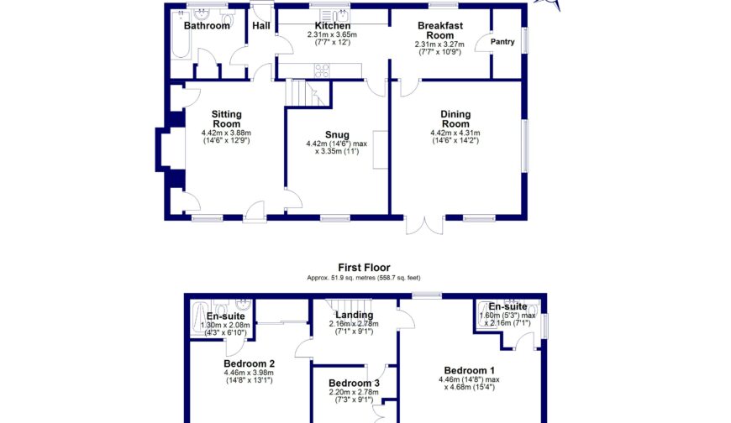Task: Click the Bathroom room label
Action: pos(207,26)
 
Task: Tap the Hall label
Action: pos(261,26)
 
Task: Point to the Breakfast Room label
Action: pos(440,31)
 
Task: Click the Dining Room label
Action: pos(455,119)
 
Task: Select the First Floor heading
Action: pos(364,268)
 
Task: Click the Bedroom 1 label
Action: pos(469,371)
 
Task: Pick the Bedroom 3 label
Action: pos(354,384)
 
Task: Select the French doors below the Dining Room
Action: pos(424,225)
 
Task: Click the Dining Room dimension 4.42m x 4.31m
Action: pos(455,133)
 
